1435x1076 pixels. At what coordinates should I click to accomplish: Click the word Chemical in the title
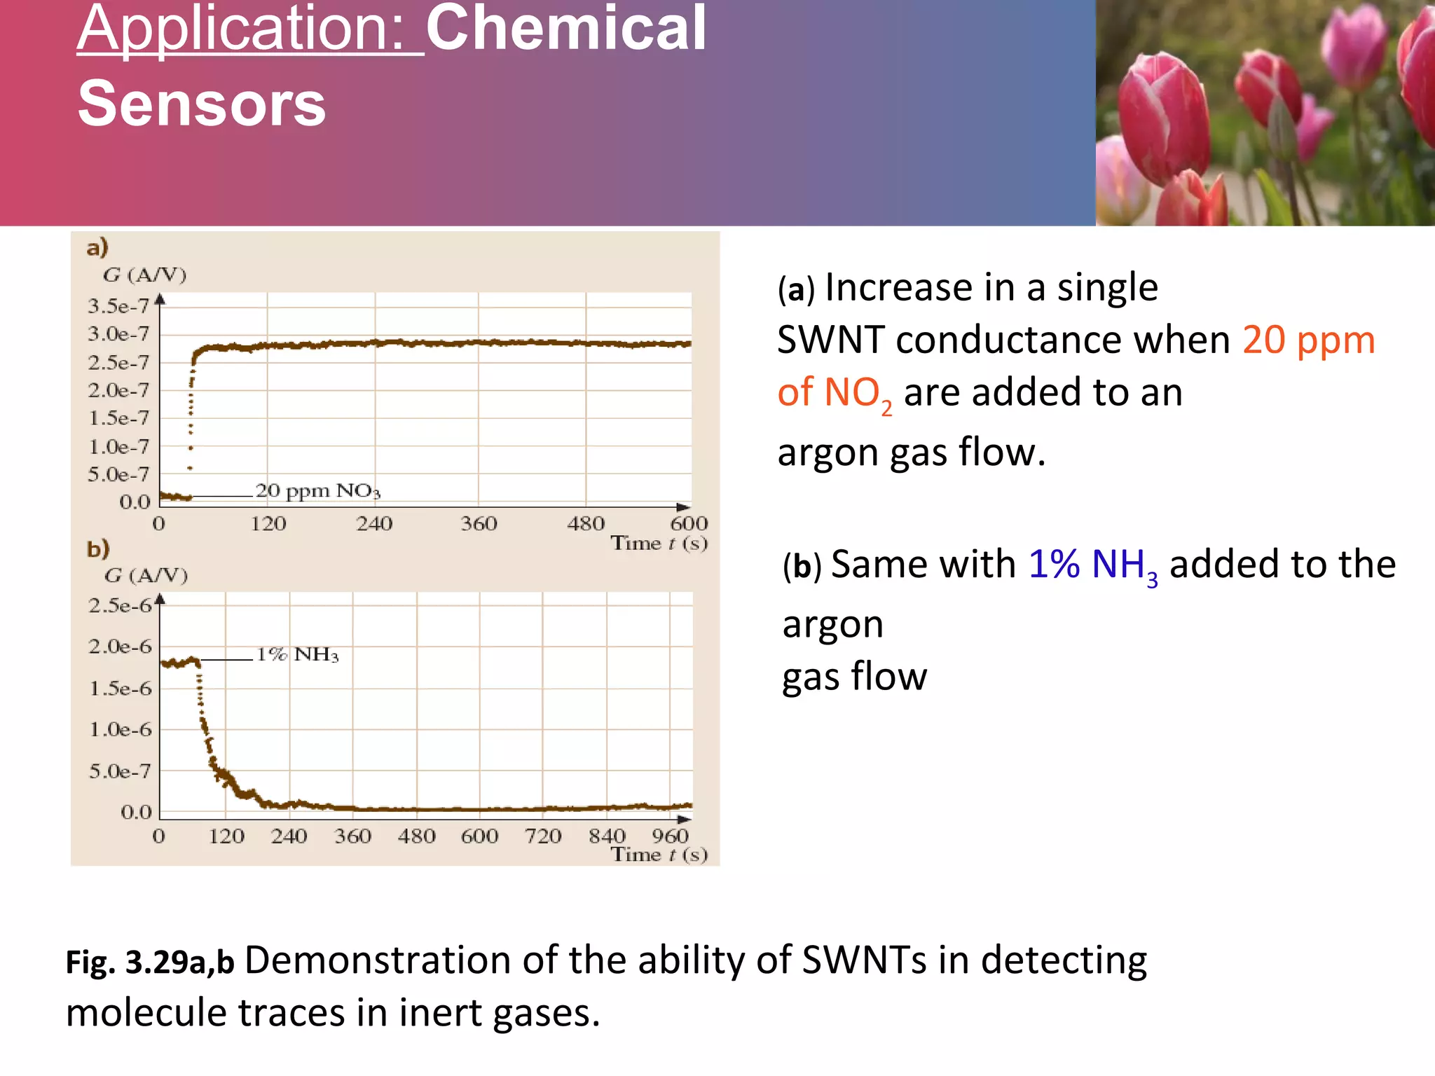pos(566,28)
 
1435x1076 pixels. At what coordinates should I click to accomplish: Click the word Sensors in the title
pos(202,104)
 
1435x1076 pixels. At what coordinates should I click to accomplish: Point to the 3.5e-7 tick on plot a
pos(118,306)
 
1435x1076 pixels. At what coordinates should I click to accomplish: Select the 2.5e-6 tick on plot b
pos(119,605)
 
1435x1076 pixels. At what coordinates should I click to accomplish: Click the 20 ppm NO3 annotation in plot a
pos(317,490)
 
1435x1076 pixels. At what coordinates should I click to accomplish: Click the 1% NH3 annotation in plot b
pos(297,654)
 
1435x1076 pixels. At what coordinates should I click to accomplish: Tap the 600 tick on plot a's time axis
pos(689,523)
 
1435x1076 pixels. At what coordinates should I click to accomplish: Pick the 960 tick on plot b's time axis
pos(670,836)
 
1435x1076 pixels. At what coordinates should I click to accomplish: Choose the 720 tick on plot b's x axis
pos(543,836)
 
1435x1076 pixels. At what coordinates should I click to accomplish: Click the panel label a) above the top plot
pos(97,247)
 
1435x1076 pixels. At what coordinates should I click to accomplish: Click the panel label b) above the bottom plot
pos(98,549)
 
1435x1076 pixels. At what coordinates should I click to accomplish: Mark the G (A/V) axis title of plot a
pos(145,275)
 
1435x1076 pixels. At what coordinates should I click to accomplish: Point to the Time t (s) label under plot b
pos(659,855)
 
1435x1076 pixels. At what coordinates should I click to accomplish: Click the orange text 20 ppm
pos(1308,340)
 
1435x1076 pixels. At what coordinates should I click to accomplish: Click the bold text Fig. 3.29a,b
pos(150,963)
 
